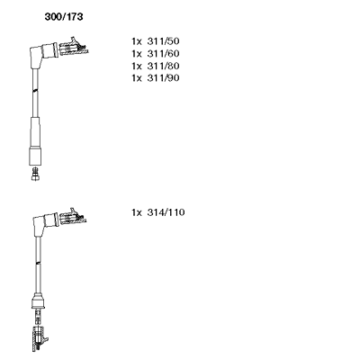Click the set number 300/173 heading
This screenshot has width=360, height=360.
tap(64, 17)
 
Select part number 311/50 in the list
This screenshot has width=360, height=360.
tap(163, 41)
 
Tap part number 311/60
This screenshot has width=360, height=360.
tap(163, 53)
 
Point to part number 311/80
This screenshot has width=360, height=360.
tap(163, 66)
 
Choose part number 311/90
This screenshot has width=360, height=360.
tap(163, 78)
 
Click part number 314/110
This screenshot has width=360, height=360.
tap(166, 212)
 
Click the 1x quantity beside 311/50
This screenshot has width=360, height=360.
tap(136, 41)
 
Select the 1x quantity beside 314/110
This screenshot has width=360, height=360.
tap(136, 212)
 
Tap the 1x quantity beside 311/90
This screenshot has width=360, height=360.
tap(136, 78)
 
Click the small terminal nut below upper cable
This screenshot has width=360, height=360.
tap(35, 174)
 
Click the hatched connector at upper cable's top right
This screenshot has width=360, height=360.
tap(74, 48)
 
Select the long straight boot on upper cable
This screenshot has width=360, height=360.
tap(35, 141)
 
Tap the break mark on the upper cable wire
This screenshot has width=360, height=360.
tap(35, 90)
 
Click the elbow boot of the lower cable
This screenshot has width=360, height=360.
tap(45, 223)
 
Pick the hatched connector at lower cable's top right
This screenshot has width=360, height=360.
tap(73, 216)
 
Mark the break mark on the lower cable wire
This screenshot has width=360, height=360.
tap(38, 263)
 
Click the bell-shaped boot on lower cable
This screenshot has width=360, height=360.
tap(38, 301)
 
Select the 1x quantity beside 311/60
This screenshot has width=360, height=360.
tap(136, 53)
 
